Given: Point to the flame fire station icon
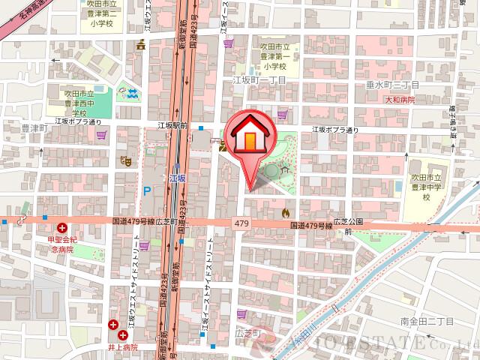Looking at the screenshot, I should click(285, 214).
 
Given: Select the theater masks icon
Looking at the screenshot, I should click(128, 159).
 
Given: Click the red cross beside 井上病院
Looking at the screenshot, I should click(112, 325).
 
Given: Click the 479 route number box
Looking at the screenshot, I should click(241, 224).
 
